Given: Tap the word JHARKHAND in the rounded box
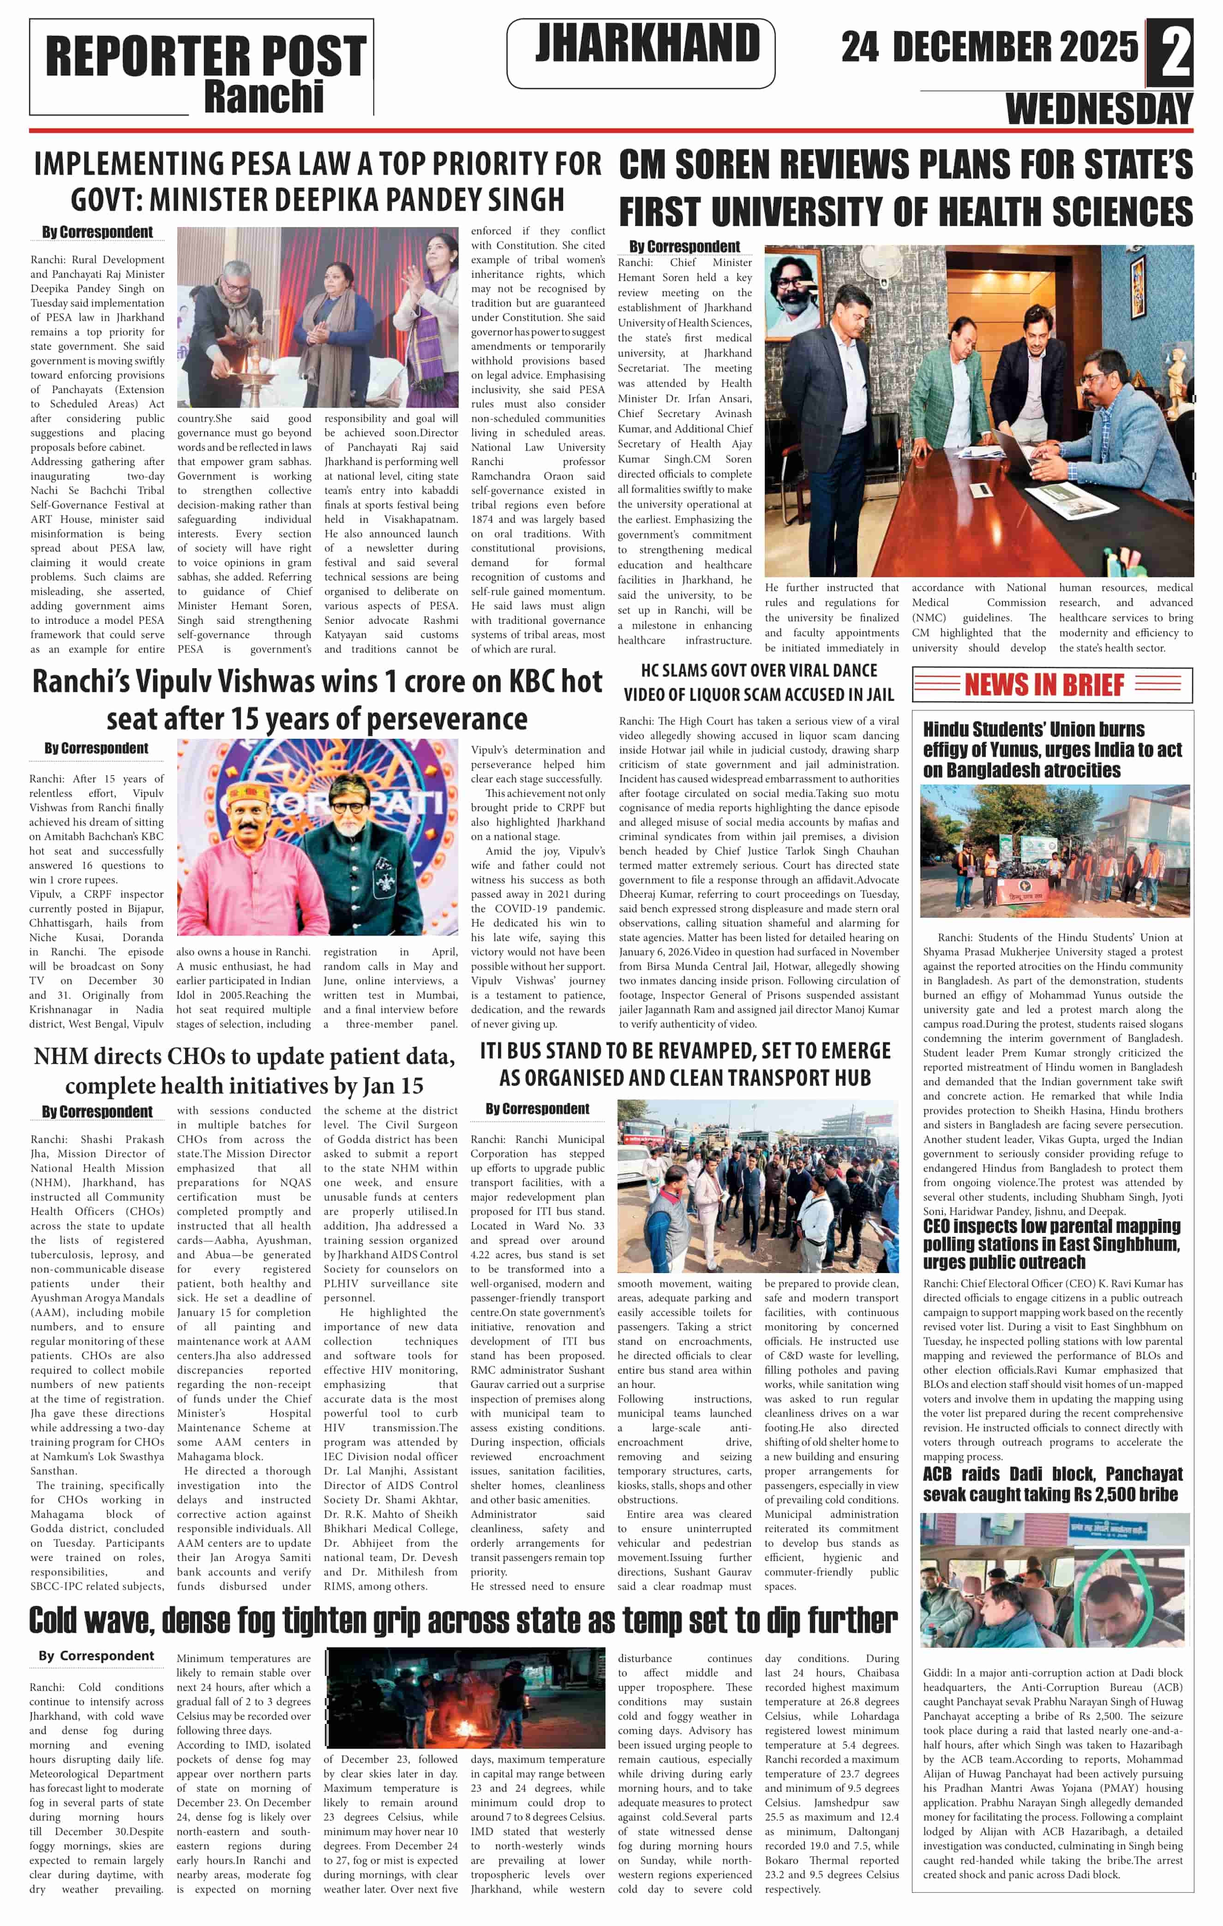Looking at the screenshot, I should [647, 44].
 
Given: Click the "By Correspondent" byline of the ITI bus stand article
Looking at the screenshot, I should [538, 1108].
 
